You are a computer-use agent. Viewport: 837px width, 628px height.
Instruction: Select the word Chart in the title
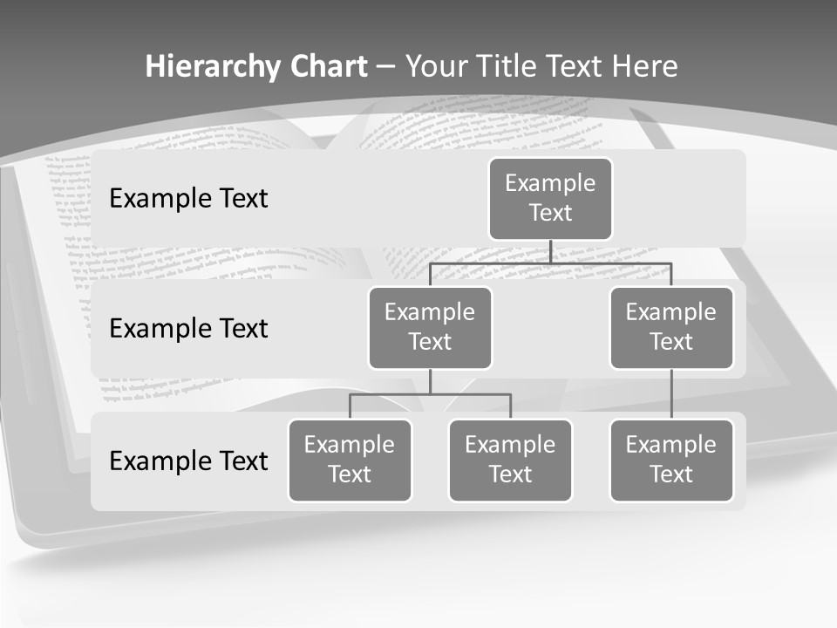327,67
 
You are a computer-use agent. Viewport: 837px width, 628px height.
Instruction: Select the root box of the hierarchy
550,199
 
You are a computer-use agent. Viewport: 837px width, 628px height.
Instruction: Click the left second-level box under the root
430,327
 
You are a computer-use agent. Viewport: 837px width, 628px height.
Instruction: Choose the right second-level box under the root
671,327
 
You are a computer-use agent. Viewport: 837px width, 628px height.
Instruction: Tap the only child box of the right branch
671,460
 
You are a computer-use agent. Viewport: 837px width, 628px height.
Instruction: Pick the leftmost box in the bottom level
350,460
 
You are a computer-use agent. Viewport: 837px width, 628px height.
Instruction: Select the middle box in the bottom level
510,460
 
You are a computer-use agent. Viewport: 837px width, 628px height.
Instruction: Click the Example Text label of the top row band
188,199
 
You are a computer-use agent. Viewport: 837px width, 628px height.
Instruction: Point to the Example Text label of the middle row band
188,329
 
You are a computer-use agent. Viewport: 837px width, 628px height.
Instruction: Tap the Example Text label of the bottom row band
188,461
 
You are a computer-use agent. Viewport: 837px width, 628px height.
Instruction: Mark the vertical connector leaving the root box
550,251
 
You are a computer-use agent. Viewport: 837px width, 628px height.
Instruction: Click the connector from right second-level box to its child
671,394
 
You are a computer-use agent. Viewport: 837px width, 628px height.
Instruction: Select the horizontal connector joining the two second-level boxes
550,263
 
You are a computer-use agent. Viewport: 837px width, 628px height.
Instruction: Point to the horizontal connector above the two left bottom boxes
430,394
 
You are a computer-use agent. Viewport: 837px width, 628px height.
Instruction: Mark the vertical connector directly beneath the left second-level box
430,381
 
